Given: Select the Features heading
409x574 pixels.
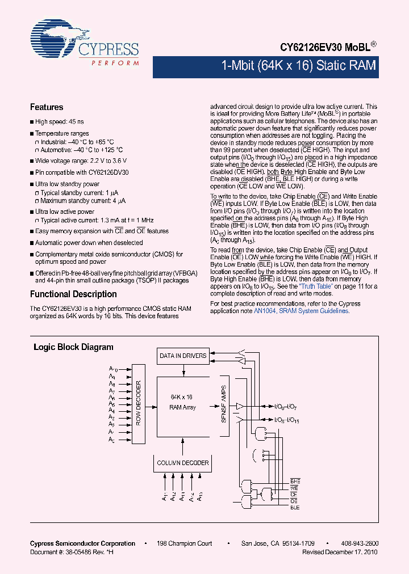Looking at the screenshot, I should coord(47,107).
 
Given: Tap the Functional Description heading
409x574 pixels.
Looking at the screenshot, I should coord(73,294).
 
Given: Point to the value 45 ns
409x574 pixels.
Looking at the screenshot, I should coord(76,122).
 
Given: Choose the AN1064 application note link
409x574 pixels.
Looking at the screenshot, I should coord(265,311).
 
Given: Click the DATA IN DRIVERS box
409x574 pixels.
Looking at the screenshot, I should coord(183,356).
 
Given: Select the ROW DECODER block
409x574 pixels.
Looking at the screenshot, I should coord(138,403).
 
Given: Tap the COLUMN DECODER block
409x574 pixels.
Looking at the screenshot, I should coord(183,463).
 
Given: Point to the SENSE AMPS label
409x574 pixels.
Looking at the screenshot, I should coord(224,403).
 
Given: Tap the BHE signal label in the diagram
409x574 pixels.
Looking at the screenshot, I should coord(295,481).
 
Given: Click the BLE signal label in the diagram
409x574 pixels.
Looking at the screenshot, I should coord(295,508).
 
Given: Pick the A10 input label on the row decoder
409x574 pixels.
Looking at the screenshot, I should coord(112,369).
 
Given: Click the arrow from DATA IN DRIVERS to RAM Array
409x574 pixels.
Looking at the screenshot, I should coord(183,370).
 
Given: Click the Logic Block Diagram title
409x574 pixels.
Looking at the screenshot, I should coord(73,347).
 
